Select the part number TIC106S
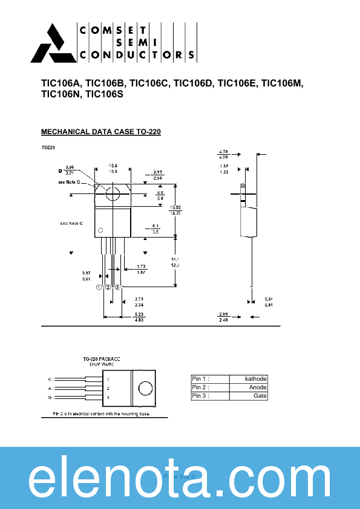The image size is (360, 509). [x=104, y=94]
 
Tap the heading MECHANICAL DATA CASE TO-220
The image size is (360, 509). [x=100, y=132]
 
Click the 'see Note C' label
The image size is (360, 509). [x=71, y=224]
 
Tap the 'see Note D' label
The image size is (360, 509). [x=70, y=182]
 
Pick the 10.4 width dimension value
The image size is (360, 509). [x=113, y=165]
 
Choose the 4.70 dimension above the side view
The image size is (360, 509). [x=223, y=151]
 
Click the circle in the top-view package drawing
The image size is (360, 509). [x=145, y=388]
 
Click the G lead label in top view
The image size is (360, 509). [x=50, y=398]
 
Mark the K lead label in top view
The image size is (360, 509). [x=50, y=379]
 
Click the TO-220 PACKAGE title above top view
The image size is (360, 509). [x=102, y=359]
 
